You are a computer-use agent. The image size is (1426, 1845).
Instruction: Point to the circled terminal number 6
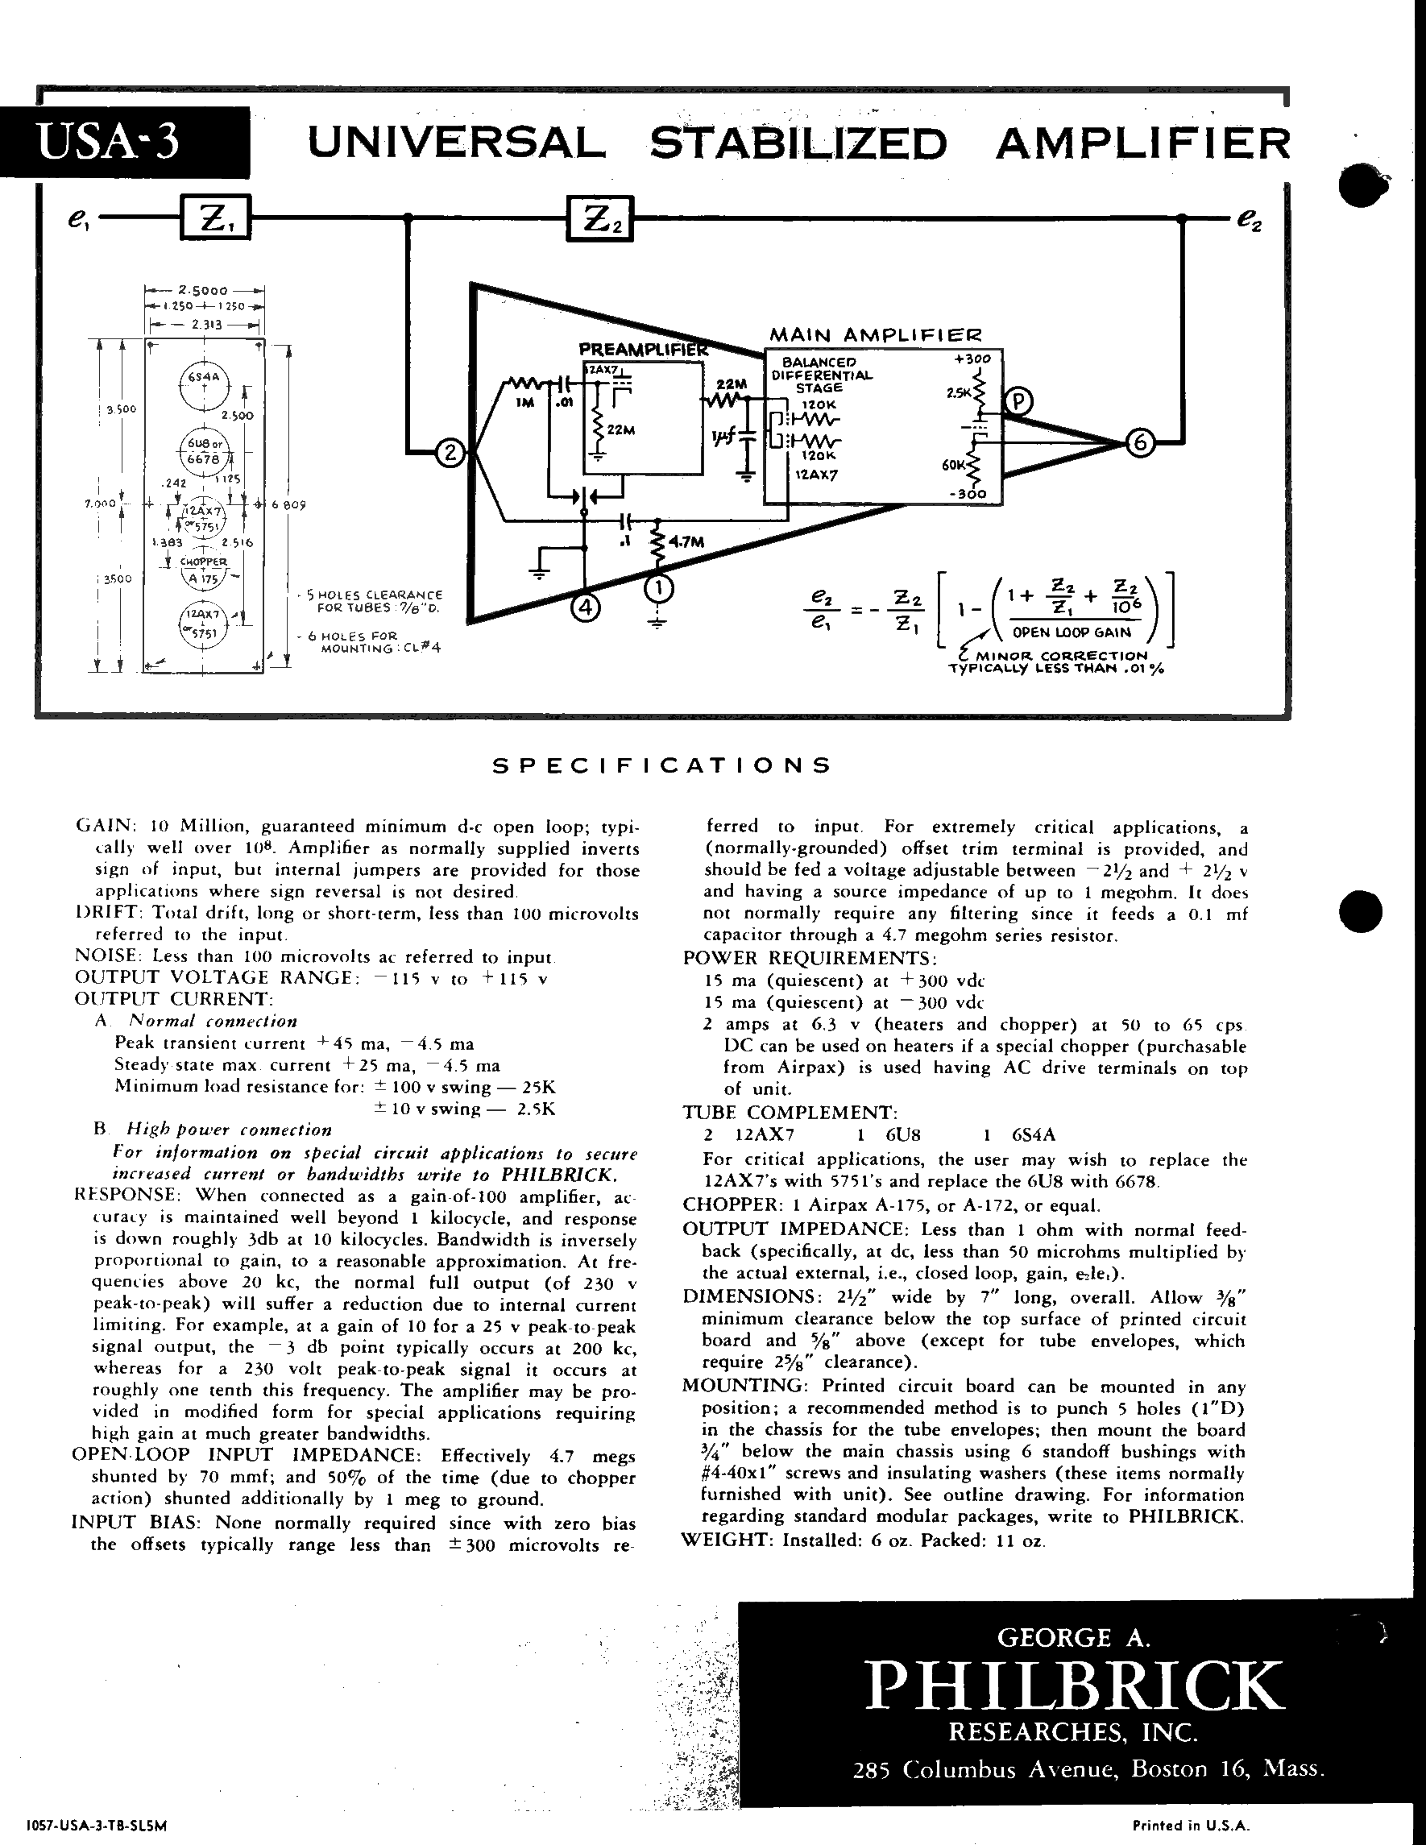point(1141,442)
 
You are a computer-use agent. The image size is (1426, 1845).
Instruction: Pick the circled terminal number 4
point(586,607)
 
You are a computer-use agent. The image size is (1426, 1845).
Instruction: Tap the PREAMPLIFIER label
point(642,349)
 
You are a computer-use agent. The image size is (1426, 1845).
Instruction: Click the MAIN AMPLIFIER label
point(875,335)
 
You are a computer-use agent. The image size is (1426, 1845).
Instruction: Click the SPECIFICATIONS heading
point(662,765)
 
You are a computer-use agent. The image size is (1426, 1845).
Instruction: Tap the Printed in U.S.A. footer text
point(1190,1825)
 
